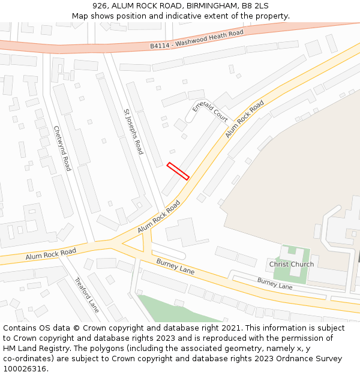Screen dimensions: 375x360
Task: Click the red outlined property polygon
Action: tap(178, 171)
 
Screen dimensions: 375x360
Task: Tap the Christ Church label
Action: tap(292, 265)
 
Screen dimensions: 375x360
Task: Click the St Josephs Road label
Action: tap(134, 131)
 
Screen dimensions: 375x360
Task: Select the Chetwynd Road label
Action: tap(62, 148)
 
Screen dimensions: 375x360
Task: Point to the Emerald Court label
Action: tap(210, 112)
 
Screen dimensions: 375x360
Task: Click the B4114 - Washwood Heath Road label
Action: tap(196, 39)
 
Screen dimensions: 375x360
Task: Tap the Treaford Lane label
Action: tap(86, 295)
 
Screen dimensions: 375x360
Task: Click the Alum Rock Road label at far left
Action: tap(51, 254)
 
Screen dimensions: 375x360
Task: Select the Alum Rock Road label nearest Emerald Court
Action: tap(245, 119)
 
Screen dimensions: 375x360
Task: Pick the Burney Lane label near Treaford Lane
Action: tap(175, 266)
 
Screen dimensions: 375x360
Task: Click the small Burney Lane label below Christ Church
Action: tap(275, 284)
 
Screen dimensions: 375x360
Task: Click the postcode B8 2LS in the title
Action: tap(255, 5)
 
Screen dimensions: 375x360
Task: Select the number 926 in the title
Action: tap(100, 5)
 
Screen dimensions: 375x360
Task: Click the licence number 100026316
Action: tap(25, 369)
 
